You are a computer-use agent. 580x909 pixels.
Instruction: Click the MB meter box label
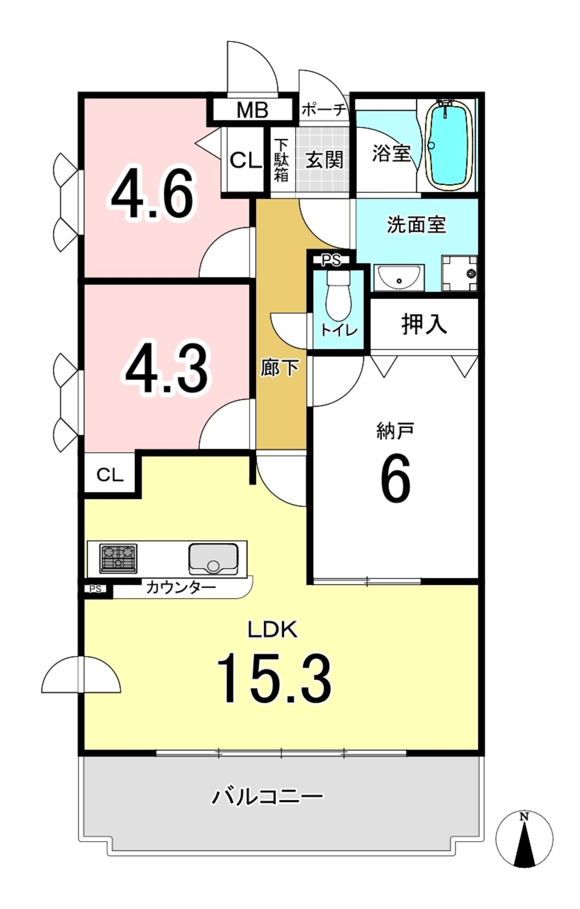pos(252,110)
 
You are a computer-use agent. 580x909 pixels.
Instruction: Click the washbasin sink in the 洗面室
pos(399,278)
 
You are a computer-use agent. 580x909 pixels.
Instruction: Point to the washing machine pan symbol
pos(460,273)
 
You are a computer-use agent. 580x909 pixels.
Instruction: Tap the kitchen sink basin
pos(213,559)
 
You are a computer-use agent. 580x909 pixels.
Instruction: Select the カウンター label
pos(181,587)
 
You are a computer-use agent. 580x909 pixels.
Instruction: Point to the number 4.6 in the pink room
pos(153,194)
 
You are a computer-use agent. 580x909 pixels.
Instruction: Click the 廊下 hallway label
pos(280,368)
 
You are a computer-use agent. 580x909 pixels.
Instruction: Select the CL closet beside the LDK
pos(110,475)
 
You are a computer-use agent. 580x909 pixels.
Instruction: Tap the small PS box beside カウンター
pos(95,589)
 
